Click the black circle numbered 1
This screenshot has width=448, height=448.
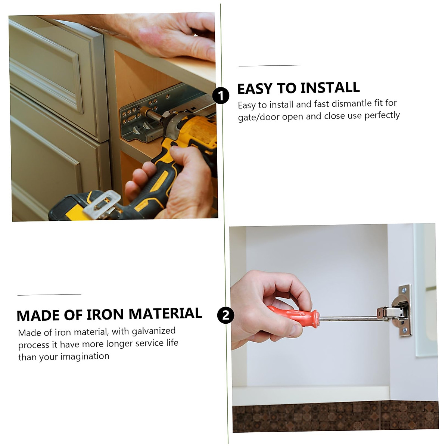(221, 96)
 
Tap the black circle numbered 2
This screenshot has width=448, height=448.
(225, 315)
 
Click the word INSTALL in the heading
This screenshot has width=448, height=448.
(330, 88)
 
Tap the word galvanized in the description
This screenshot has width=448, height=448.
(153, 331)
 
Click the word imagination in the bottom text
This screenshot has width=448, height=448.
(85, 357)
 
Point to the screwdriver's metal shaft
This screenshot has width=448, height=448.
(347, 318)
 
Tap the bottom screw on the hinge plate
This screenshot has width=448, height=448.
(404, 330)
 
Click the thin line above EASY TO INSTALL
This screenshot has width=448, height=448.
(269, 66)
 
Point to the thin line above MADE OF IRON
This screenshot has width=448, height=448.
(49, 295)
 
